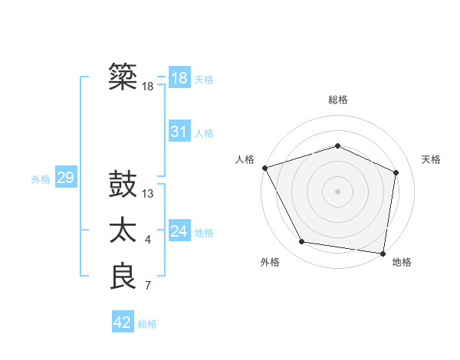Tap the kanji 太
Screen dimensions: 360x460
(123, 231)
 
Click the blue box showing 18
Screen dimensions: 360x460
(179, 78)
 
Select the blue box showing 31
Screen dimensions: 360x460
(179, 132)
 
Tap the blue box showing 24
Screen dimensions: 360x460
(179, 231)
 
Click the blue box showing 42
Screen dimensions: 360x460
(123, 322)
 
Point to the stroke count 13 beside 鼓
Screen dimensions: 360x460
(148, 194)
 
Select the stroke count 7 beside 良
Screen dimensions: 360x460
(148, 286)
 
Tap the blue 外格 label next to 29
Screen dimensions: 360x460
(41, 179)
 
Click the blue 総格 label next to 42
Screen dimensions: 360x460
(147, 324)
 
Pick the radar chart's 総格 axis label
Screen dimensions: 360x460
(337, 100)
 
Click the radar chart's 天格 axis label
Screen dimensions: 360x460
(431, 159)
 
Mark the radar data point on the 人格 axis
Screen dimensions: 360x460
(264, 168)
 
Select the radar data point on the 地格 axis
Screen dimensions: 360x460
(383, 253)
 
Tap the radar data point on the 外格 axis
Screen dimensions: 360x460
(302, 242)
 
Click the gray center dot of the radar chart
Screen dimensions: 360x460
(337, 191)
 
